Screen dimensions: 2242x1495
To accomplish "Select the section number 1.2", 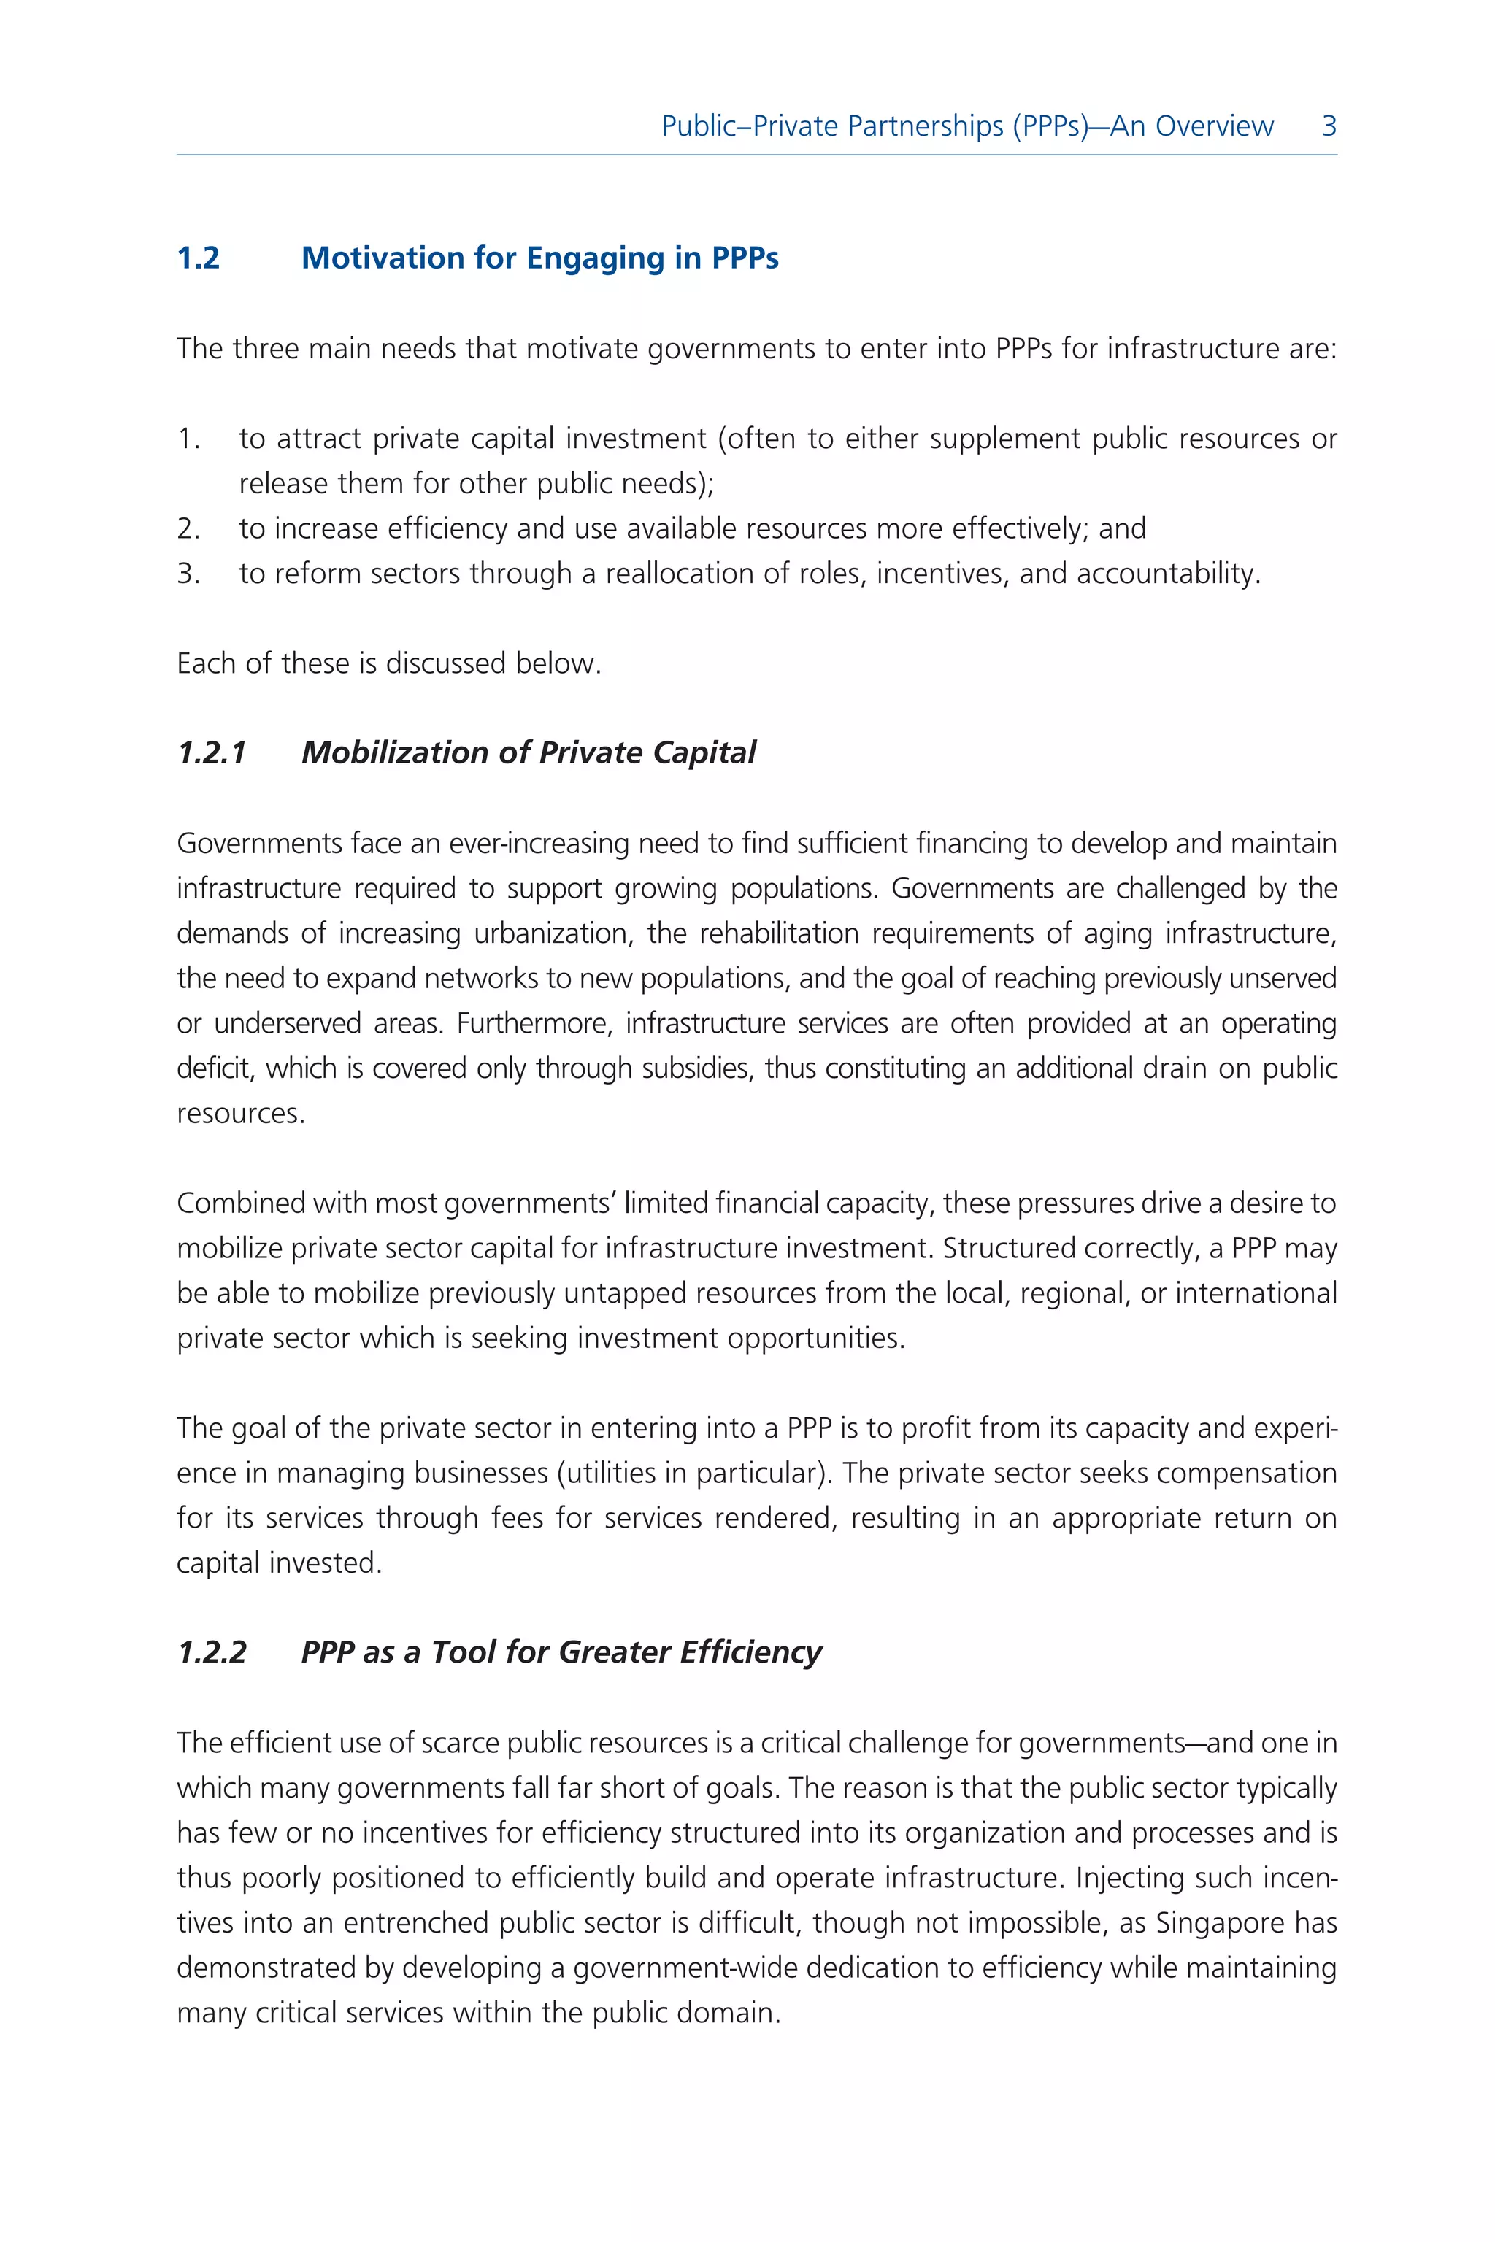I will pos(199,258).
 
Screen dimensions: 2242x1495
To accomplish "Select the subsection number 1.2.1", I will pos(212,753).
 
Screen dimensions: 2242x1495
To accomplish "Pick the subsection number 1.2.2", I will pos(212,1652).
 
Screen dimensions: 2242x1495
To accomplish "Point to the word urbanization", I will pos(554,933).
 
